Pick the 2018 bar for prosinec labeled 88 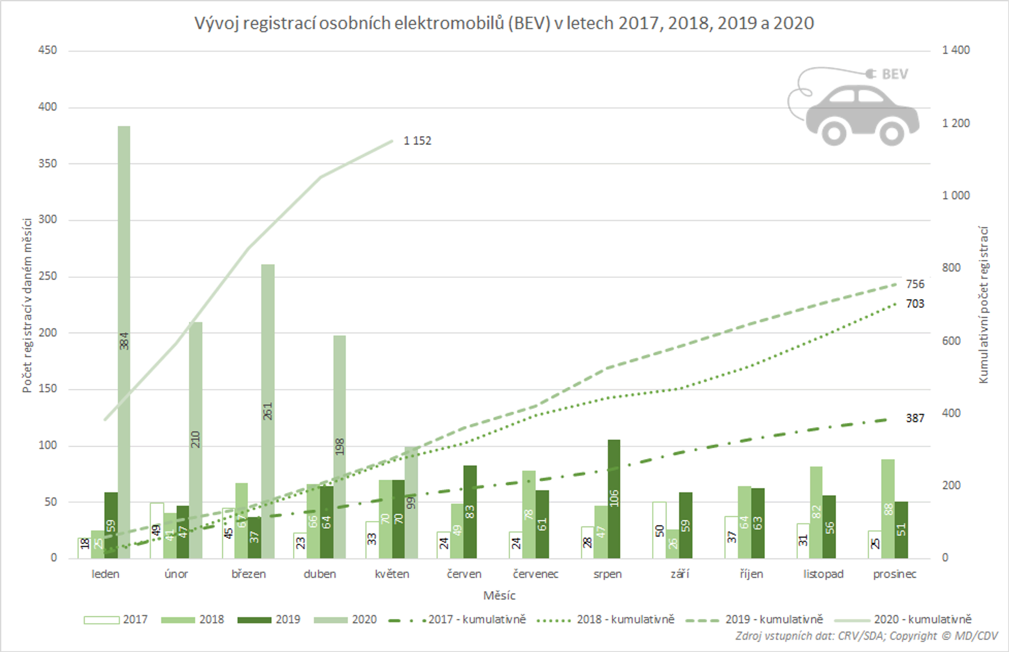click(x=888, y=508)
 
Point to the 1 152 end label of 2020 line click(x=417, y=140)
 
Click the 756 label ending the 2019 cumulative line click(x=914, y=284)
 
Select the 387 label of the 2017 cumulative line click(x=914, y=418)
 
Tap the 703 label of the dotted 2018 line click(x=914, y=304)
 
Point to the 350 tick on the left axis click(x=48, y=164)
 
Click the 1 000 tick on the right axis click(x=956, y=195)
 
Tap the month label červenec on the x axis click(x=535, y=574)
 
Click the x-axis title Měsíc click(x=499, y=596)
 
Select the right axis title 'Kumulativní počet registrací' click(x=984, y=305)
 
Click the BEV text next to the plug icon click(x=895, y=74)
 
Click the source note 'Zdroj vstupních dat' click(x=866, y=636)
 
